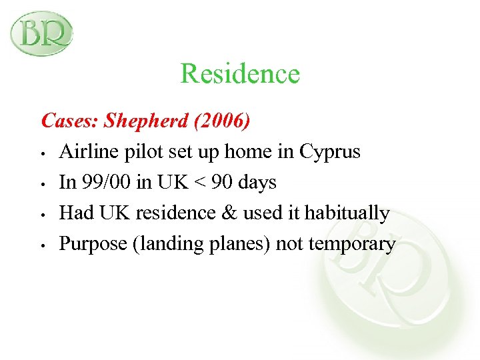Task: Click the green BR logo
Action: (x=41, y=33)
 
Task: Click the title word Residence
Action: (x=240, y=73)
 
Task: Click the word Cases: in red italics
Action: (x=70, y=121)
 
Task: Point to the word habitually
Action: (x=348, y=213)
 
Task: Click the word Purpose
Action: (x=93, y=244)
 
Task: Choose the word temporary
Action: (x=353, y=244)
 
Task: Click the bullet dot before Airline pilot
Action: (x=43, y=154)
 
